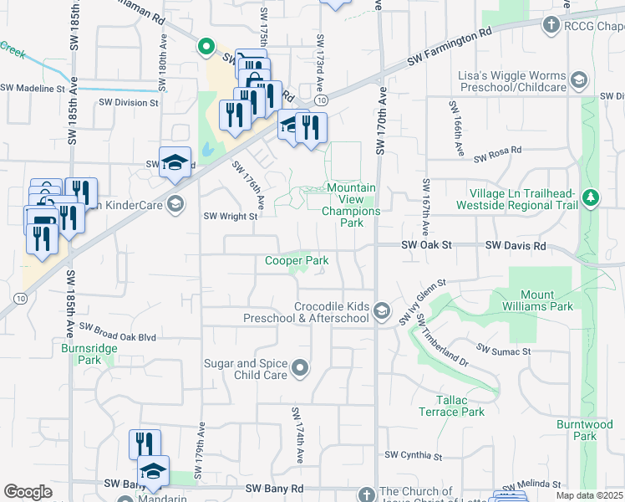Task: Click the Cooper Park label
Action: click(297, 261)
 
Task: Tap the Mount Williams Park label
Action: click(547, 300)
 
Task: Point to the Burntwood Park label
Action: click(577, 430)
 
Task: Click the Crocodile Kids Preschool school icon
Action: click(382, 312)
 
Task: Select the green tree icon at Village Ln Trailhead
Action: click(592, 198)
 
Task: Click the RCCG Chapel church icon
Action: click(550, 25)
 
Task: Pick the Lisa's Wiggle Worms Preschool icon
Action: click(579, 80)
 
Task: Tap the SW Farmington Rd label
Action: click(450, 48)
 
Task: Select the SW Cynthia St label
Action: click(413, 456)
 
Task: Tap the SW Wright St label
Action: click(231, 215)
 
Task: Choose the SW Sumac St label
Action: click(503, 348)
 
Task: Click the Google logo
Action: click(28, 492)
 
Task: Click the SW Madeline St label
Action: click(33, 88)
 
